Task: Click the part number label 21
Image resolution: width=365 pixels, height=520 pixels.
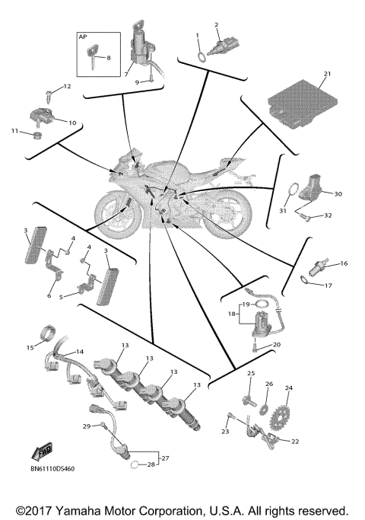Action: click(x=327, y=74)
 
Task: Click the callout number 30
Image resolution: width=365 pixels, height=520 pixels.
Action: click(x=338, y=194)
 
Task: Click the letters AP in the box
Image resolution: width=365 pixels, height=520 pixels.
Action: click(x=83, y=37)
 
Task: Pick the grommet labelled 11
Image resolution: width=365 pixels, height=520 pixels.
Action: click(x=35, y=137)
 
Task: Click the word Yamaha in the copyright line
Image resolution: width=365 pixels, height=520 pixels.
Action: click(x=106, y=509)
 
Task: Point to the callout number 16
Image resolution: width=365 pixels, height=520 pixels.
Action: click(x=343, y=263)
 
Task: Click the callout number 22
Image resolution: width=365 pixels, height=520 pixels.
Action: click(x=294, y=442)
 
